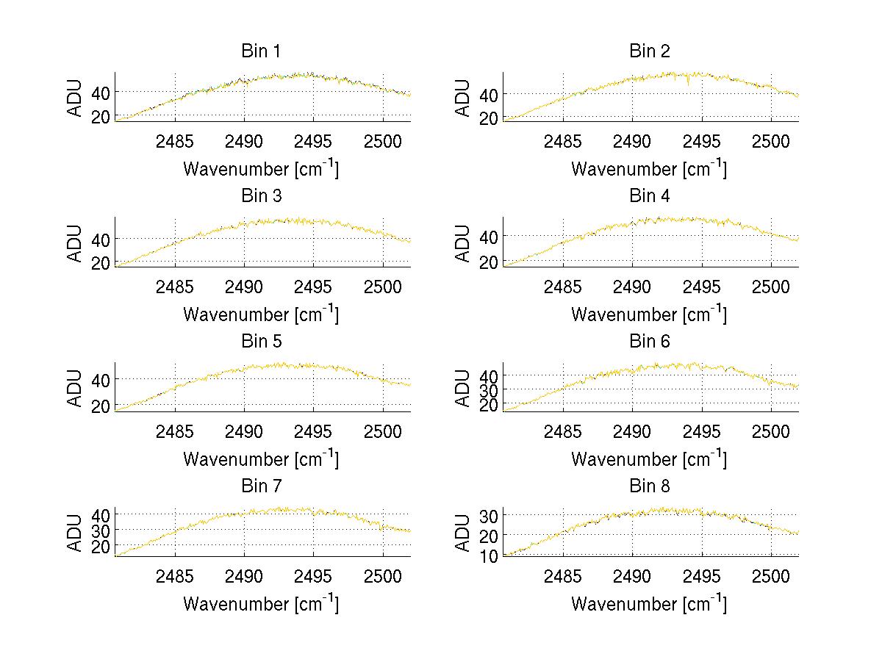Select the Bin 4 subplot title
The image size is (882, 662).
[650, 195]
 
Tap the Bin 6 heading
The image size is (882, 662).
[650, 341]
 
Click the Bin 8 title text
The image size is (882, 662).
[650, 486]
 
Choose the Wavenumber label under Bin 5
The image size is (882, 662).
[261, 458]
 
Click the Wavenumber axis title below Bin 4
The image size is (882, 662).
[649, 314]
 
